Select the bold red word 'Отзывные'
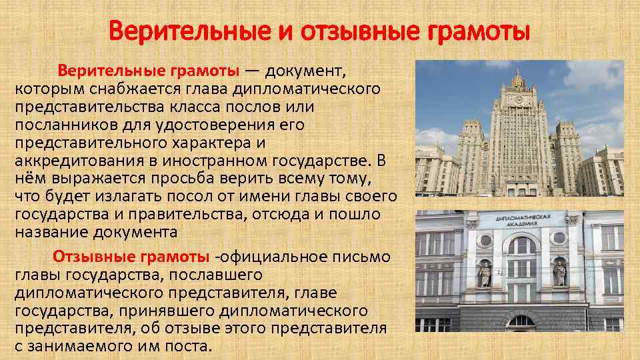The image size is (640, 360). point(95,257)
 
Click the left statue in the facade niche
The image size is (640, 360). point(485,273)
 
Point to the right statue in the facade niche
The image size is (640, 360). point(559,273)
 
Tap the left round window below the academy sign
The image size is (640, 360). point(486,241)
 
